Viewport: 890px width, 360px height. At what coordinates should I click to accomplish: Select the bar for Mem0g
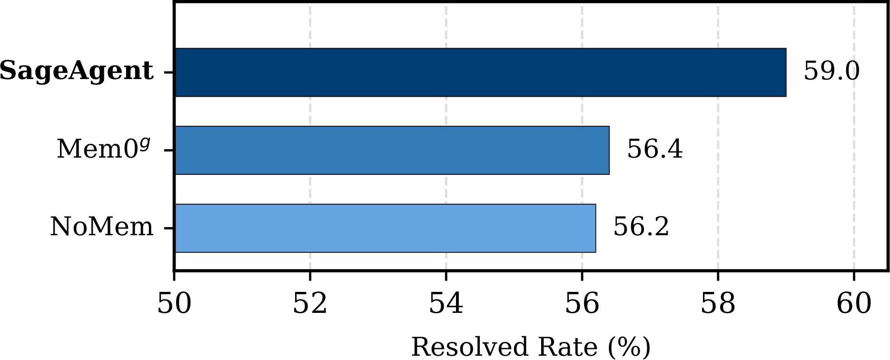coord(392,150)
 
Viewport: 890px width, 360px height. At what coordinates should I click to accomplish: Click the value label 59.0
coord(831,71)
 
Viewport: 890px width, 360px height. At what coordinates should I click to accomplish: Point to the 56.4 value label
coord(655,149)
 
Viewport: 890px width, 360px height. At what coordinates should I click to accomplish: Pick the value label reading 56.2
coord(641,227)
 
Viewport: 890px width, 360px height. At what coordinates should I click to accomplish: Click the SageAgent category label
coord(77,71)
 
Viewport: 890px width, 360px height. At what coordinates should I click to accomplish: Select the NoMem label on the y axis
coord(102,227)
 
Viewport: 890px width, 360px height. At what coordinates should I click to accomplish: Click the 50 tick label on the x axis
coord(174,304)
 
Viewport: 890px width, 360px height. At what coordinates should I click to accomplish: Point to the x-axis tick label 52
coord(310,304)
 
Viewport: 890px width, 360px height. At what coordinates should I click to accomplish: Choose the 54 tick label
coord(446,304)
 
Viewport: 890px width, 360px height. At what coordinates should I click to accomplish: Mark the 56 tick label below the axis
coord(582,304)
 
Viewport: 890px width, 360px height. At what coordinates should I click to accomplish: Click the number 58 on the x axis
coord(718,304)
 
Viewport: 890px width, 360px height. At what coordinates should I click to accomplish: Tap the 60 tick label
coord(854,304)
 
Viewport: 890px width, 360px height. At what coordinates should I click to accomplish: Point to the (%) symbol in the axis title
coord(629,347)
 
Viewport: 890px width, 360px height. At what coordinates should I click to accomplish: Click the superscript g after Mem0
coord(145,142)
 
